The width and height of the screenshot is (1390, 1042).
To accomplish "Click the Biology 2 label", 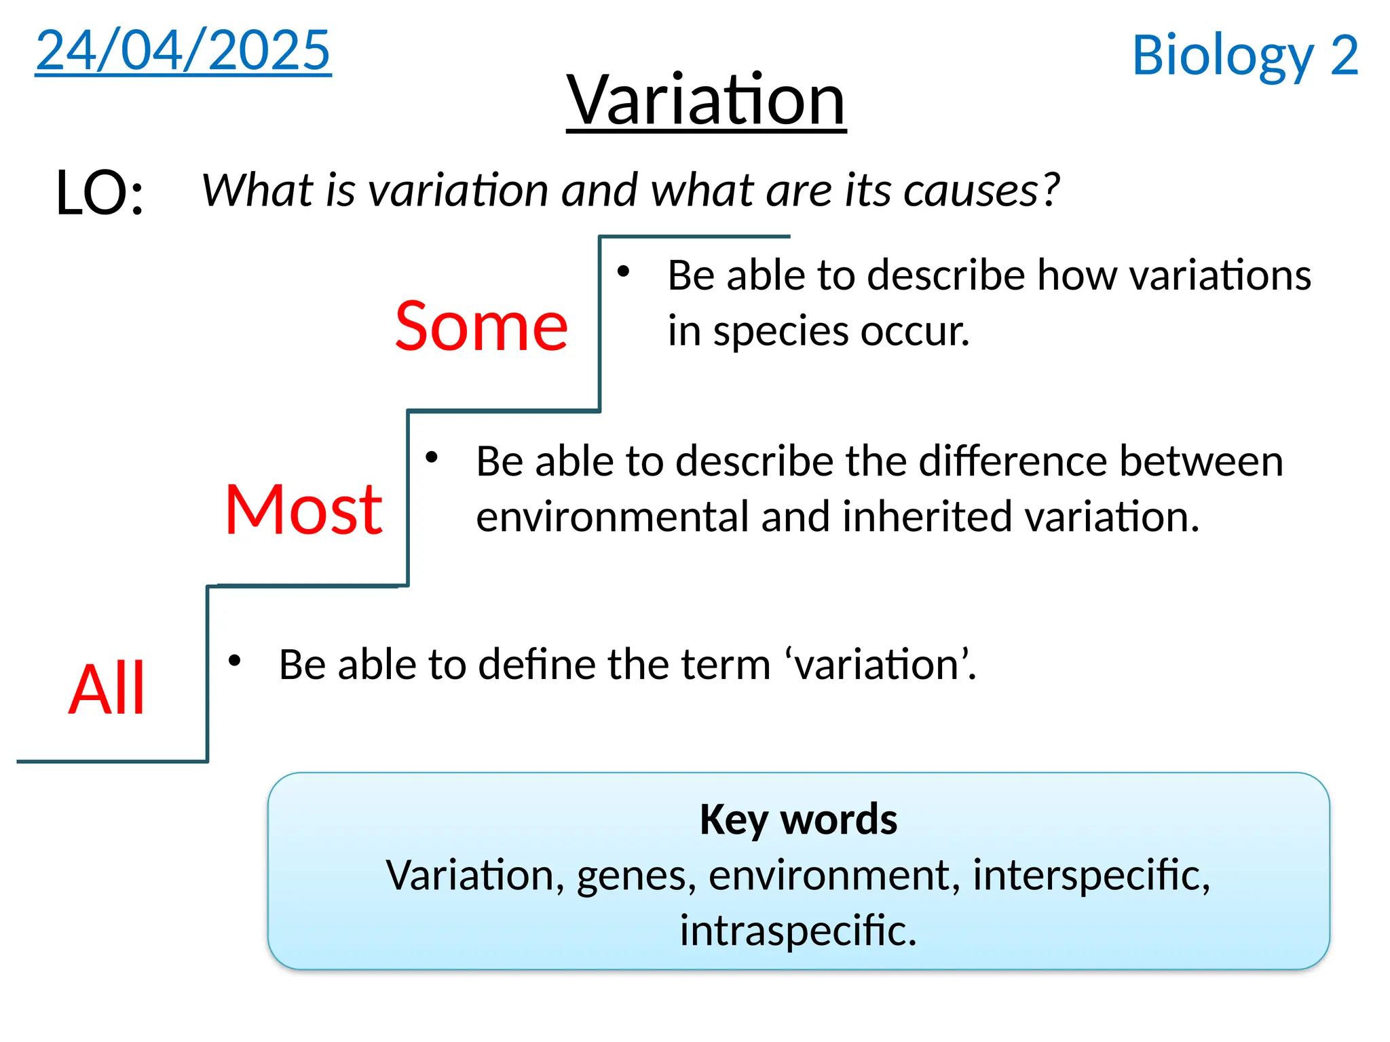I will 1245,56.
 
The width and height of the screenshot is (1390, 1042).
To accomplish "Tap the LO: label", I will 100,193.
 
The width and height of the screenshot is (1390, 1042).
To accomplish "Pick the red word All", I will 107,689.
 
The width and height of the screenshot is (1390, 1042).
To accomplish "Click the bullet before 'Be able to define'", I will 235,660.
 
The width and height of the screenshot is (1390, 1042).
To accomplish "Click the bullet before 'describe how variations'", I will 623,272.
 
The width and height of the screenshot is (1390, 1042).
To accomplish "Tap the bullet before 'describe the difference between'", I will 432,457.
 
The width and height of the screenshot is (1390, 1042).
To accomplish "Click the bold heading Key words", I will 798,819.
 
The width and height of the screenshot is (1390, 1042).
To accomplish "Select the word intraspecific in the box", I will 798,930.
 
